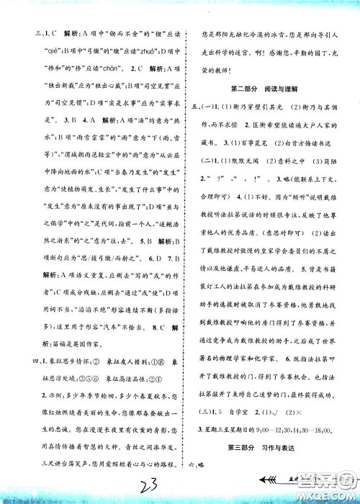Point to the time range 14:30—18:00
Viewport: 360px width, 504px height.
(x=312, y=430)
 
